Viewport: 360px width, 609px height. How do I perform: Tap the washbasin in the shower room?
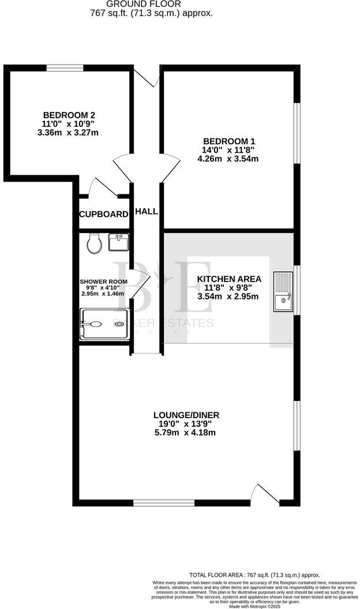tap(118, 242)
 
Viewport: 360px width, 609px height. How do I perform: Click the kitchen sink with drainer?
tap(284, 292)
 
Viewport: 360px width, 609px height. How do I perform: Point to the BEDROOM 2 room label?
tap(69, 114)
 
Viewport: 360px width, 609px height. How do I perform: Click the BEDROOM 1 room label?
tap(228, 141)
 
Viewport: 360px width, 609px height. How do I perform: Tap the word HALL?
tap(147, 212)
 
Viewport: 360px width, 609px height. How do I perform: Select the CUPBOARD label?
tap(104, 215)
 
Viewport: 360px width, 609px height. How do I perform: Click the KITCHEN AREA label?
tap(228, 279)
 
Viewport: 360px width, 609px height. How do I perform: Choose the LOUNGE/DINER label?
tap(186, 415)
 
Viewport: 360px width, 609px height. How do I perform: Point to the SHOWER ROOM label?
tap(103, 281)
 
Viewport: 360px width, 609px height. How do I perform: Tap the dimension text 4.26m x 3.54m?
tap(228, 159)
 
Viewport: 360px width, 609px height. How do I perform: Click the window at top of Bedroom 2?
tap(64, 67)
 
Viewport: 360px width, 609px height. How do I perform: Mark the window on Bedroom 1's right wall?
tap(296, 133)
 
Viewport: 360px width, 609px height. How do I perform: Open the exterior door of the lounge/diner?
tap(266, 495)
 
